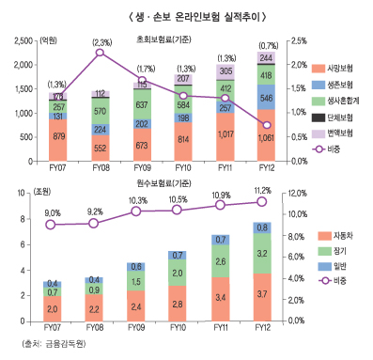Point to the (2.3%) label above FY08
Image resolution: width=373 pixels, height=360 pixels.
pyautogui.click(x=101, y=42)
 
